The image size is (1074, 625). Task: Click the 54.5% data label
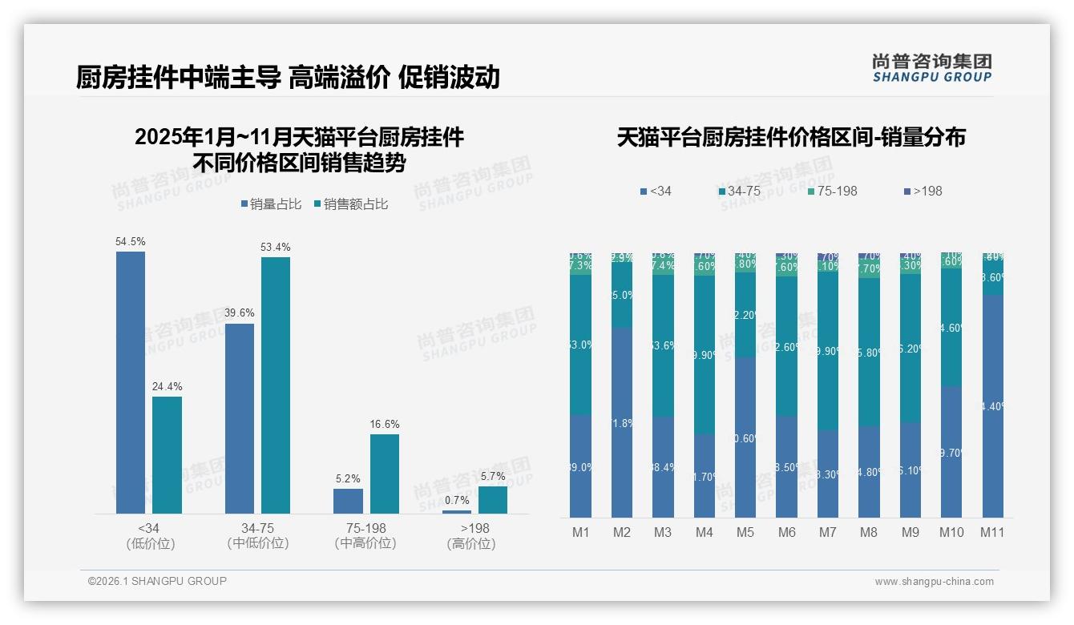pos(131,241)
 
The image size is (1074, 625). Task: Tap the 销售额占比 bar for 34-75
pos(276,385)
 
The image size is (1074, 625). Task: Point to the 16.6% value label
pos(385,424)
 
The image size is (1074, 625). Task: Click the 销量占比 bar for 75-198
pos(348,501)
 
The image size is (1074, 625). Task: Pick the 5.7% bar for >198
pos(493,499)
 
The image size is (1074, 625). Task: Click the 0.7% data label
pos(457,500)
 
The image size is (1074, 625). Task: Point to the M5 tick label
pos(745,532)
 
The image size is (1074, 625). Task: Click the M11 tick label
pos(992,532)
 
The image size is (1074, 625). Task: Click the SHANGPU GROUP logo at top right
pos(931,68)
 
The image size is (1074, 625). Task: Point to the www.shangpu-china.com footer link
pos(934,582)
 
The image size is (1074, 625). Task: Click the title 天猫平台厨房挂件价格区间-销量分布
pos(791,138)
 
